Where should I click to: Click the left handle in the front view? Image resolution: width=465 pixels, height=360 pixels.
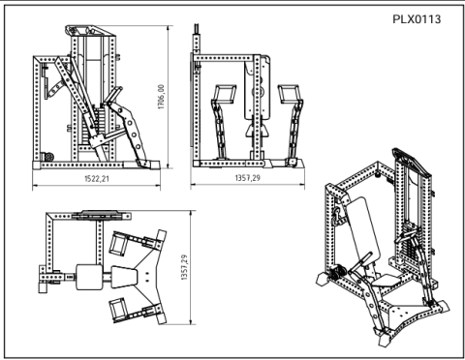221,96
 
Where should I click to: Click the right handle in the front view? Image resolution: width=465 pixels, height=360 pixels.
289,95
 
